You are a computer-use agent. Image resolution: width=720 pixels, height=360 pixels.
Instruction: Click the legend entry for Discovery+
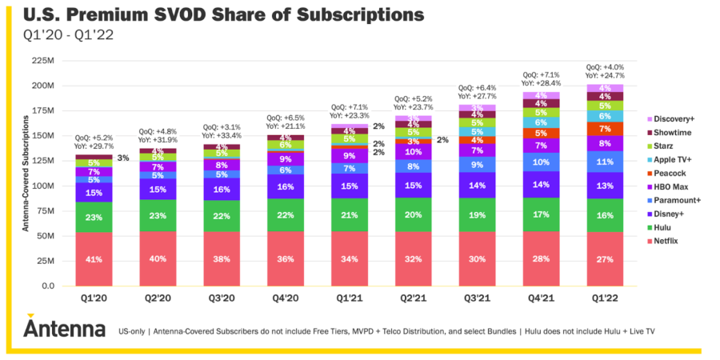pyautogui.click(x=671, y=119)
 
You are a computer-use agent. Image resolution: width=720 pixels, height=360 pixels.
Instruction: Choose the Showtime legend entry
pyautogui.click(x=670, y=133)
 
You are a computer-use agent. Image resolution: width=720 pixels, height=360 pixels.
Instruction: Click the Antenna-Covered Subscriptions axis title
pyautogui.click(x=24, y=173)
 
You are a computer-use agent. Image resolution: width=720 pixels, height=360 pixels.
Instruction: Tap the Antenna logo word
pyautogui.click(x=64, y=329)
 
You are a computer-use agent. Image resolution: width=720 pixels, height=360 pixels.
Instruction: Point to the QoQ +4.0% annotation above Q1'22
pyautogui.click(x=606, y=68)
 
